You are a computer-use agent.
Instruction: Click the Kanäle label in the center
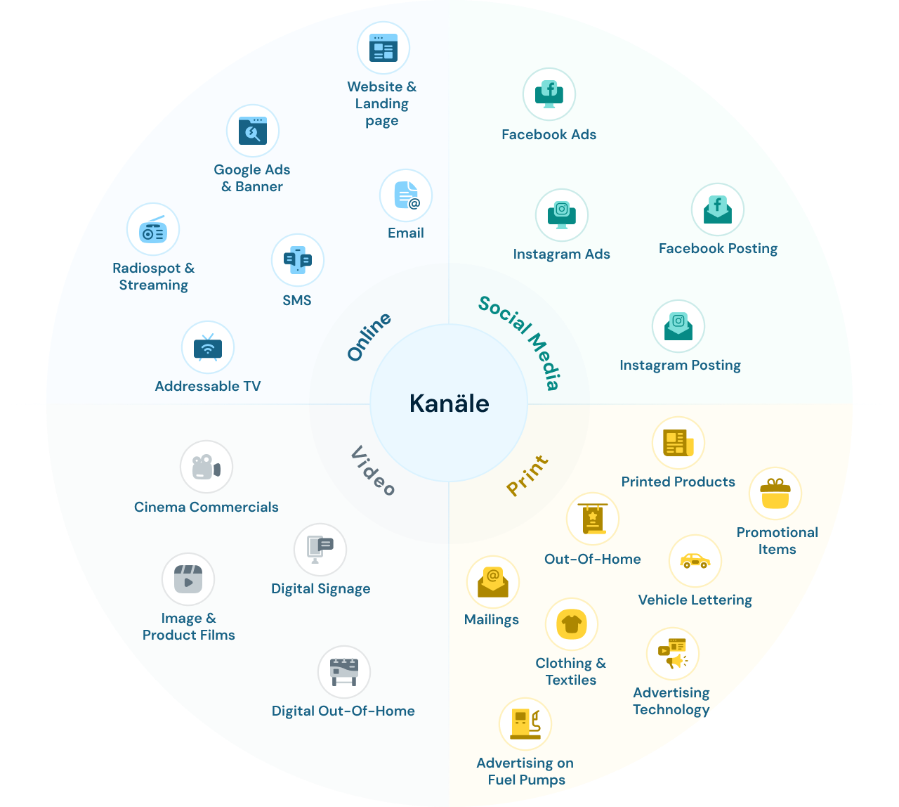pos(449,404)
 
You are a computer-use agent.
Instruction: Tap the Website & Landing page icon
pos(383,48)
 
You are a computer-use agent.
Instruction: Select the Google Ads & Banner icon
pos(253,131)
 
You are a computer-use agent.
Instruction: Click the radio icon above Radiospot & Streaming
pos(153,230)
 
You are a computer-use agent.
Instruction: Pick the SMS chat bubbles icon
pos(298,260)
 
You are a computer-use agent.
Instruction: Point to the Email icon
pos(406,195)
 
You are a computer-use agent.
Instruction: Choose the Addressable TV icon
pos(207,347)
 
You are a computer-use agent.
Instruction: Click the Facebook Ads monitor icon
pos(549,94)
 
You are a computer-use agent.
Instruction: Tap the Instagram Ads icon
pos(562,215)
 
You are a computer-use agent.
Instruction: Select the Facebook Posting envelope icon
pos(718,209)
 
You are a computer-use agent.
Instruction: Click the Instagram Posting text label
pos(680,366)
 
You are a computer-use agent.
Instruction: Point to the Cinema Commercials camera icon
pos(206,467)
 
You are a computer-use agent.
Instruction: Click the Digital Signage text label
pos(321,589)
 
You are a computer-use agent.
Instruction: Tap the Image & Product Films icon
pos(188,580)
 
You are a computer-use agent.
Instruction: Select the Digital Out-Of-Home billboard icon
pos(344,672)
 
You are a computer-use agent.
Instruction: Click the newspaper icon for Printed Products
pos(678,443)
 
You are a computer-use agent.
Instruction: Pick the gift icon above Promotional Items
pos(775,493)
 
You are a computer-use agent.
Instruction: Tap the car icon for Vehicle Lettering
pos(695,561)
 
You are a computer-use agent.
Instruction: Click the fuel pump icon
pos(525,724)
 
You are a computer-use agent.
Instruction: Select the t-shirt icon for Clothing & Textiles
pos(572,624)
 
